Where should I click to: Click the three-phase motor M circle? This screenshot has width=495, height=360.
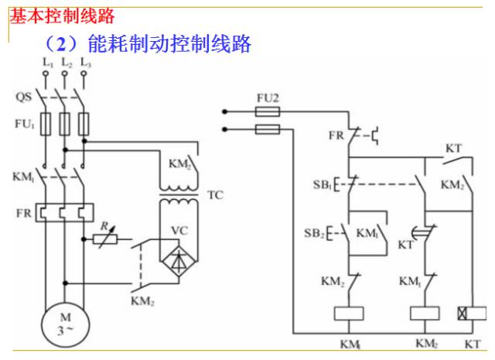pyautogui.click(x=65, y=324)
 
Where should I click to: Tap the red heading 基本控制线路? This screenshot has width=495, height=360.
pyautogui.click(x=62, y=16)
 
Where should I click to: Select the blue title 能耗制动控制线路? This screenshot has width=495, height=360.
pyautogui.click(x=169, y=43)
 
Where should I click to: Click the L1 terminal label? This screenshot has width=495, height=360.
pyautogui.click(x=48, y=63)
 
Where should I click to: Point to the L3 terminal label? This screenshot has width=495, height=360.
pyautogui.click(x=85, y=63)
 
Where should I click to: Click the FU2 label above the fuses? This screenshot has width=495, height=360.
pyautogui.click(x=268, y=98)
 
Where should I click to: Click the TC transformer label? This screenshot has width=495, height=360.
pyautogui.click(x=215, y=195)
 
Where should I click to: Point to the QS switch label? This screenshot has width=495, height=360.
pyautogui.click(x=24, y=97)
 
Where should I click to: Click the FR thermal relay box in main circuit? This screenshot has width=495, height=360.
pyautogui.click(x=64, y=212)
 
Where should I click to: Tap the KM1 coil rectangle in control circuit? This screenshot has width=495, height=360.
pyautogui.click(x=349, y=314)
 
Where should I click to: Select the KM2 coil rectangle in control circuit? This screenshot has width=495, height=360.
pyautogui.click(x=425, y=314)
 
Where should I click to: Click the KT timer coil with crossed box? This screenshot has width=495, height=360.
pyautogui.click(x=472, y=314)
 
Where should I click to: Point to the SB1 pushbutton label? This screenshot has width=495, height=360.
pyautogui.click(x=322, y=184)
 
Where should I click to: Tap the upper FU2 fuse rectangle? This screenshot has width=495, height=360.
pyautogui.click(x=268, y=111)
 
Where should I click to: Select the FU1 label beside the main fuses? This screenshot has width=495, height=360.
pyautogui.click(x=24, y=124)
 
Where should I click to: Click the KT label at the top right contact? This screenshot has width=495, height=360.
pyautogui.click(x=453, y=148)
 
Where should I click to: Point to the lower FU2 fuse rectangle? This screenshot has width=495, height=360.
pyautogui.click(x=268, y=129)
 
